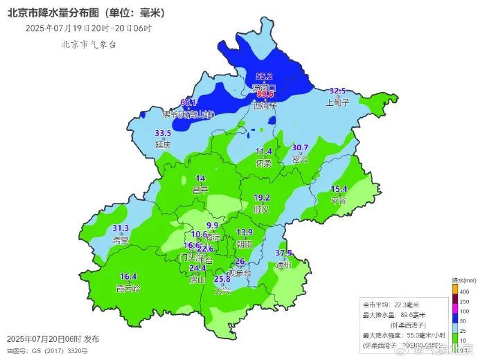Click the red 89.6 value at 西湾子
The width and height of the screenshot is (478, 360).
[x=265, y=95]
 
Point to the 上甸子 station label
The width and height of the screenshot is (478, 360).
[x=337, y=102]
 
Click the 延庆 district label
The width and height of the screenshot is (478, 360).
[x=163, y=145]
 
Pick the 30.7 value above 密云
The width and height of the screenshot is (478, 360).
[x=300, y=147]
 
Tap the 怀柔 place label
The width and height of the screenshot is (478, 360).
[x=263, y=163]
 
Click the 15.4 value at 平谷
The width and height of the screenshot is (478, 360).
[x=339, y=189]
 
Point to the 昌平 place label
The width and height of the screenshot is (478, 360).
[x=200, y=190]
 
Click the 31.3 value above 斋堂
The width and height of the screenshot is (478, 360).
[x=121, y=228]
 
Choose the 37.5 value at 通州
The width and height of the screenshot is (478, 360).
[x=283, y=253]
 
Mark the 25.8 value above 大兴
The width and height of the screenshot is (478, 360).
[x=222, y=279]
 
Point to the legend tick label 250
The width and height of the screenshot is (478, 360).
[x=466, y=303]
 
